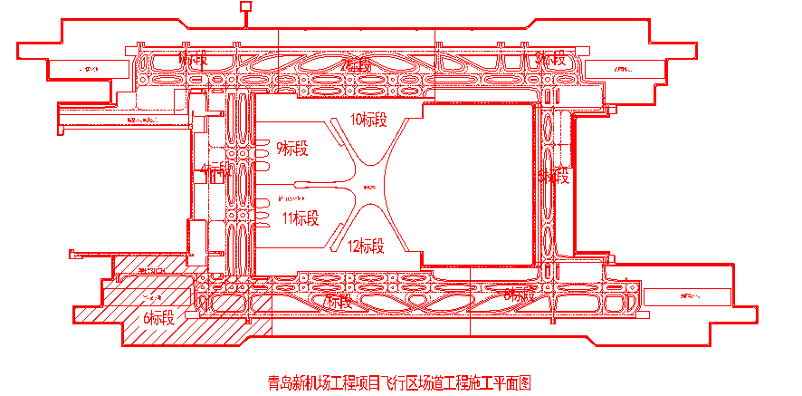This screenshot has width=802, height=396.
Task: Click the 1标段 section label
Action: pos(194,60)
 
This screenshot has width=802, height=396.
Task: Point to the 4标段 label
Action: pos(216,171)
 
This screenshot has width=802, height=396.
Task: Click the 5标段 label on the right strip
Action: pos(553,176)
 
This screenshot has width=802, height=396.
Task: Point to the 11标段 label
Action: pos(300,217)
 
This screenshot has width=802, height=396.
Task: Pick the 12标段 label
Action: pos(366,245)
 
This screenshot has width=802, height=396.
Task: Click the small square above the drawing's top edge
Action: pos(244,7)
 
